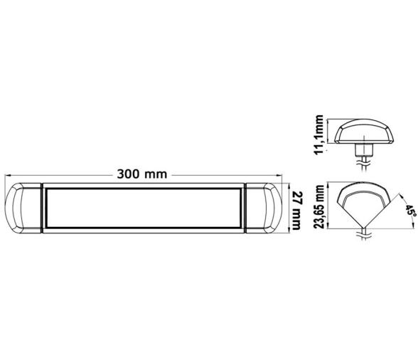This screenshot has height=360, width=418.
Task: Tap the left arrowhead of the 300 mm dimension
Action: click(7, 173)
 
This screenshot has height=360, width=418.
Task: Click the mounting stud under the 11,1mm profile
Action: click(363, 149)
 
